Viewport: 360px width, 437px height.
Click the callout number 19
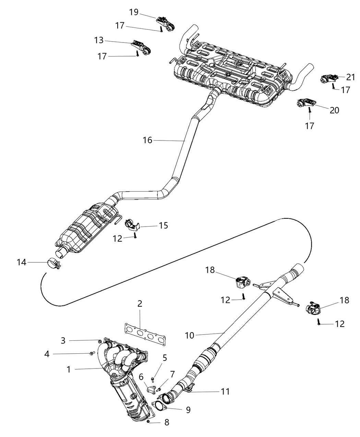(134, 12)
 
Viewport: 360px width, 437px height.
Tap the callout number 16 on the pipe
(147, 140)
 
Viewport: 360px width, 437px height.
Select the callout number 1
(69, 369)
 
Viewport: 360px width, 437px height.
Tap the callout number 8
(167, 423)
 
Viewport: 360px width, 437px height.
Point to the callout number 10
(189, 335)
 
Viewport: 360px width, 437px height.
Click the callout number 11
(225, 391)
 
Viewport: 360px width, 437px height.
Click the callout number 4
(47, 354)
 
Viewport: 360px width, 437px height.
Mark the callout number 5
(165, 358)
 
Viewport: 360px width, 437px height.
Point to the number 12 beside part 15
(118, 238)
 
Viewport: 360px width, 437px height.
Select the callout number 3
(63, 340)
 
